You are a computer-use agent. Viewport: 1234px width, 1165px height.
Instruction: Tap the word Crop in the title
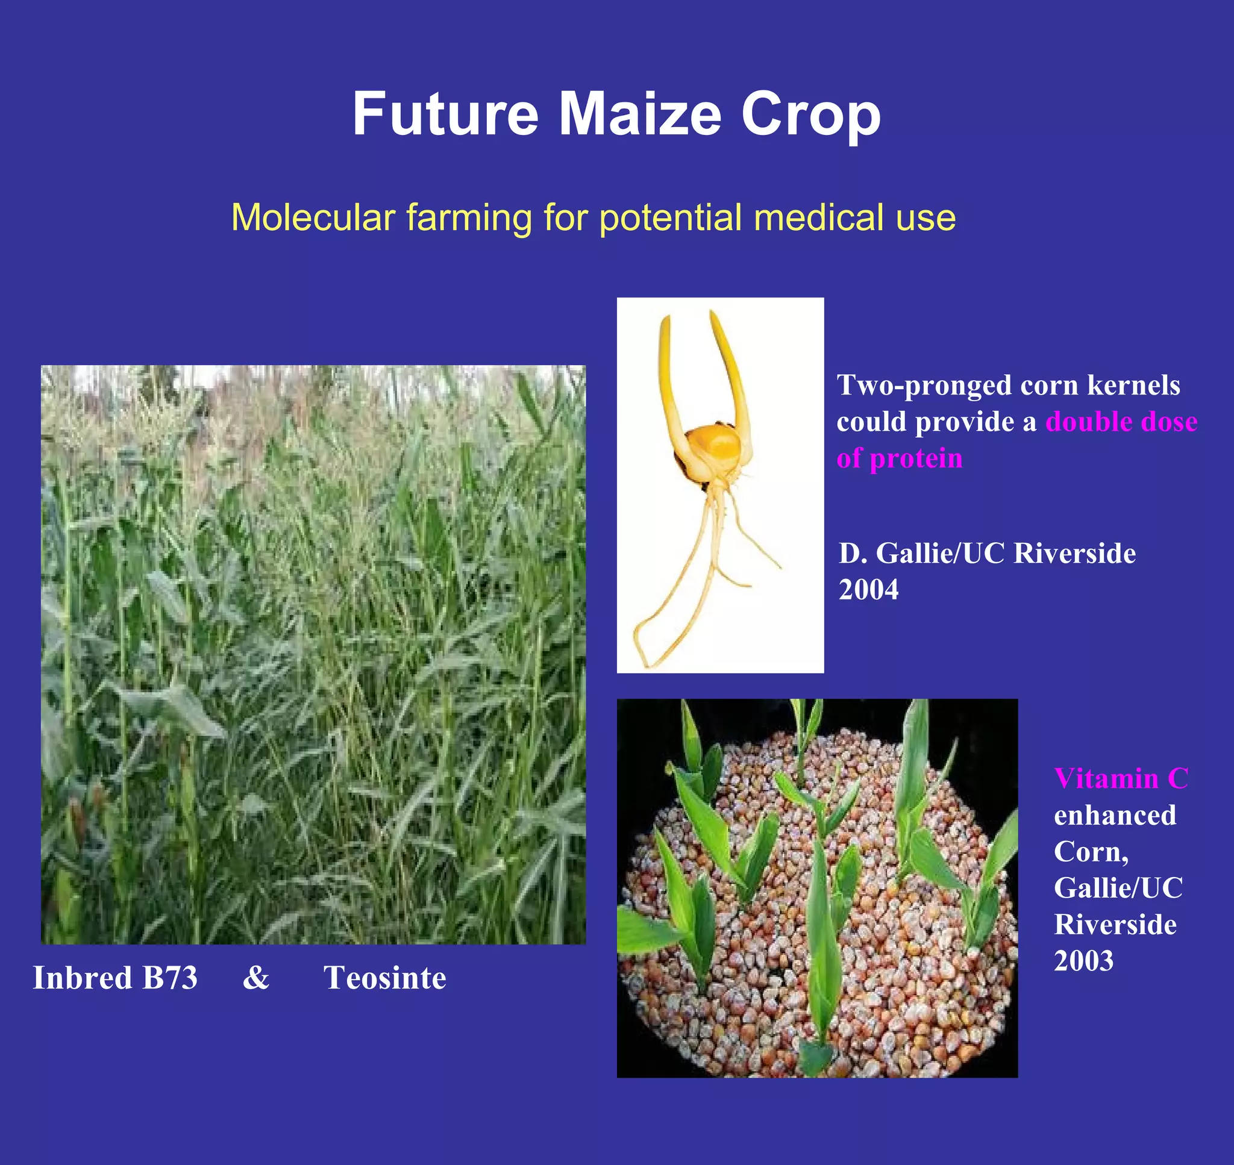[x=810, y=115]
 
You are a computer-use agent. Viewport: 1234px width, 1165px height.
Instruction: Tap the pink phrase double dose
[x=1121, y=422]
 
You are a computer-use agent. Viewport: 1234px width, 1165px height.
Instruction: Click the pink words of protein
[x=899, y=458]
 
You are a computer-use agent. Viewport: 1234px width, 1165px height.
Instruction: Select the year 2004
[x=868, y=589]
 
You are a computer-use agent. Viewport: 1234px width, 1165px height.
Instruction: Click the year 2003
[x=1084, y=961]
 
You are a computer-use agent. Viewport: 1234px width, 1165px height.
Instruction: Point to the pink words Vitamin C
[x=1121, y=778]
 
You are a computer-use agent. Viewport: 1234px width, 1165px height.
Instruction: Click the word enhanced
[x=1115, y=815]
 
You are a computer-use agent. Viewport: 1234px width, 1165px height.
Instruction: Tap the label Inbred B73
[x=116, y=978]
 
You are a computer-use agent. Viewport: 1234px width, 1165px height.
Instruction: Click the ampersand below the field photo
[x=256, y=978]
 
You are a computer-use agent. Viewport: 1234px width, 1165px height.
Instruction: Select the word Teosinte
[x=384, y=978]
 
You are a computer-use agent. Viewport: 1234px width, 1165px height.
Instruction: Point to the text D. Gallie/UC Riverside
[x=987, y=554]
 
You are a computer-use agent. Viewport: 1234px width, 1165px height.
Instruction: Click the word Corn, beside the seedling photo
[x=1091, y=851]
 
